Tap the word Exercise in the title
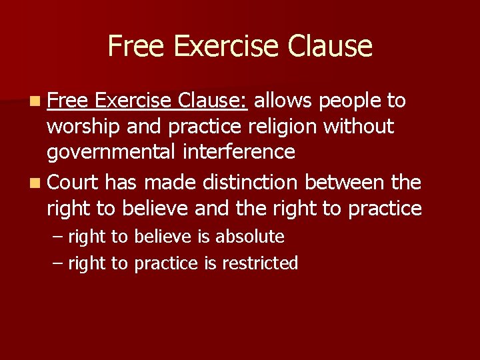(224, 46)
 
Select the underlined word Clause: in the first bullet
(213, 101)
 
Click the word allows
(283, 101)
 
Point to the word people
(350, 101)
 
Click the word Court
(73, 182)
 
